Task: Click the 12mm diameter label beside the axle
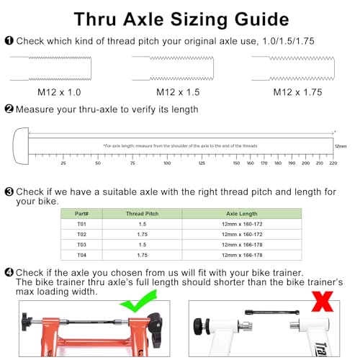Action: click(341, 145)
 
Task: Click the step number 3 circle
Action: click(8, 192)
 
